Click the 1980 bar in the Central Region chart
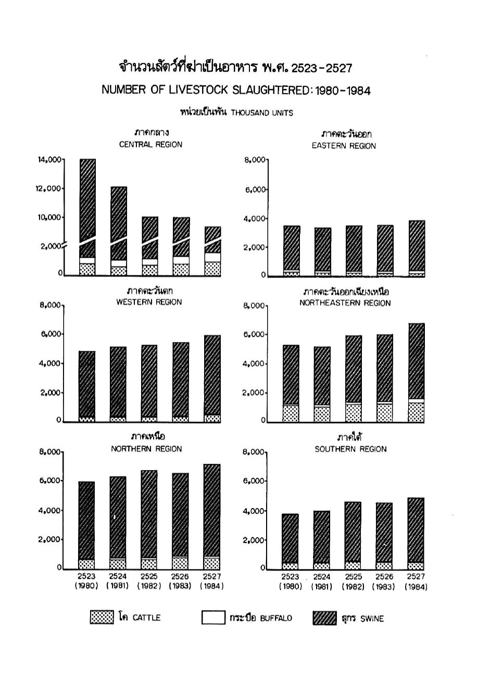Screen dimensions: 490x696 click(x=87, y=217)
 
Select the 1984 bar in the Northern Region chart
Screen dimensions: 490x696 click(x=211, y=517)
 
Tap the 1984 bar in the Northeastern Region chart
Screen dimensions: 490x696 click(x=416, y=373)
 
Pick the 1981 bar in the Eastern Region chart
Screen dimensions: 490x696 click(x=322, y=251)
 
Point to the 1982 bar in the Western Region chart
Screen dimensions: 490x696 click(x=149, y=383)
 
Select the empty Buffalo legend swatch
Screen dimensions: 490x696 click(x=213, y=618)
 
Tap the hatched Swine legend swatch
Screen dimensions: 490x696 click(x=325, y=618)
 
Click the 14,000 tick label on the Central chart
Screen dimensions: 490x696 click(x=49, y=160)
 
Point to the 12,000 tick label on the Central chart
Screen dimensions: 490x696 click(x=48, y=188)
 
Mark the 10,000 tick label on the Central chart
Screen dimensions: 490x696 click(x=49, y=217)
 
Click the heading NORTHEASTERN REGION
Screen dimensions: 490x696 click(x=345, y=303)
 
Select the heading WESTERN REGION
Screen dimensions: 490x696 click(x=149, y=302)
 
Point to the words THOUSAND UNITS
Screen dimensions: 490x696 click(x=262, y=113)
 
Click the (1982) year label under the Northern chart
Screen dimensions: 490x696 click(x=149, y=586)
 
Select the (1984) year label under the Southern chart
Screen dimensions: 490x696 click(x=416, y=587)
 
